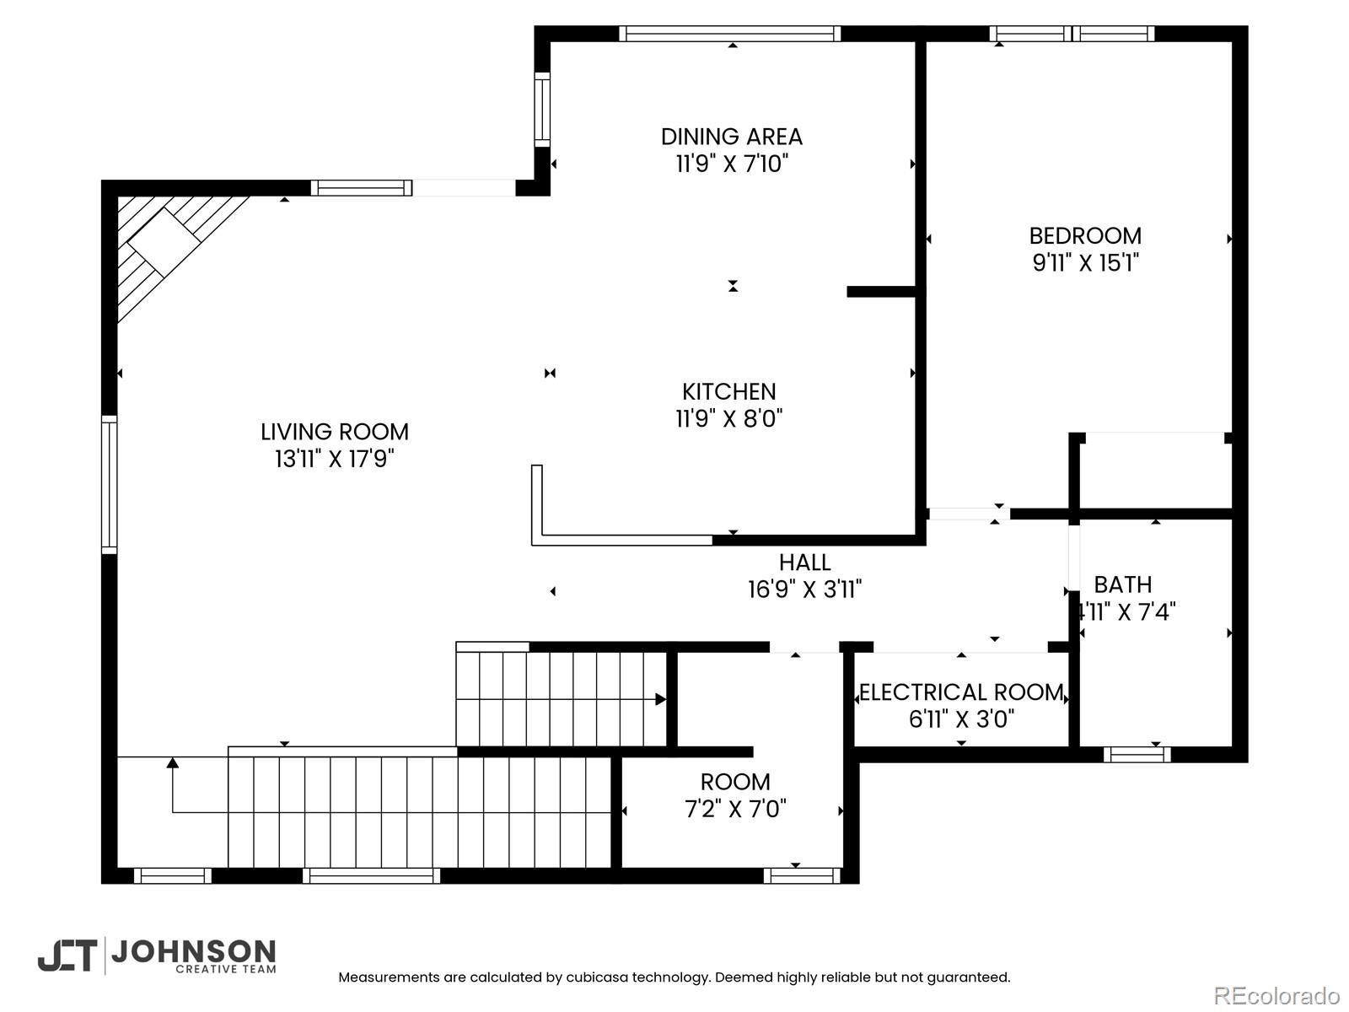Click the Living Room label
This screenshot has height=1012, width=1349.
[x=335, y=432]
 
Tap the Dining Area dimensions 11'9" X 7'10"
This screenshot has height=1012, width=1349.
[x=731, y=164]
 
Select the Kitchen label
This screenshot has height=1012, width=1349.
[x=729, y=391]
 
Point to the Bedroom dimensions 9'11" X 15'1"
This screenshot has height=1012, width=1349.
[x=1085, y=263]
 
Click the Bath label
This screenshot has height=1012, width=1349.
[x=1123, y=584]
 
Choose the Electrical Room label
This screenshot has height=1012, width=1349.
[x=961, y=692]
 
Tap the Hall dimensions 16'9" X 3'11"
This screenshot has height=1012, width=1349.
[x=804, y=589]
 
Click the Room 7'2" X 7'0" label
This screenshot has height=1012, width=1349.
[x=735, y=782]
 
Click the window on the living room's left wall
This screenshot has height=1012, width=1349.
[x=110, y=484]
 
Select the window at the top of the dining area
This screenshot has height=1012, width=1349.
[x=730, y=34]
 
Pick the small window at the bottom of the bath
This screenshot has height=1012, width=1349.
[x=1137, y=754]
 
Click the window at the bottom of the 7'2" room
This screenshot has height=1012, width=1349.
[x=802, y=875]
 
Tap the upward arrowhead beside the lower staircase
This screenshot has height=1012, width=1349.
[x=173, y=763]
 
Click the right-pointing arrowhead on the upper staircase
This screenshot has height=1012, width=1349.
[x=661, y=699]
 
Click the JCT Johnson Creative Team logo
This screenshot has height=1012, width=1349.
[x=157, y=955]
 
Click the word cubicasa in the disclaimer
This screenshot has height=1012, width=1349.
[x=595, y=977]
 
